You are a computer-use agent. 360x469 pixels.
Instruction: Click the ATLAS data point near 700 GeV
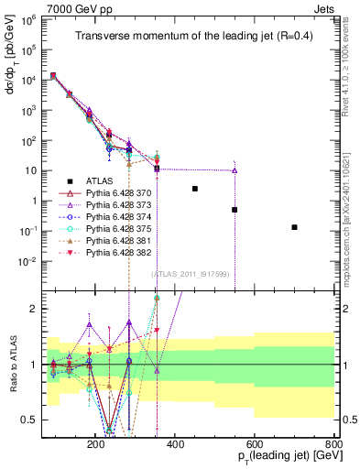(x=294, y=227)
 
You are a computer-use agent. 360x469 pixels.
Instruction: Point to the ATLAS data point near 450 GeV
(x=195, y=189)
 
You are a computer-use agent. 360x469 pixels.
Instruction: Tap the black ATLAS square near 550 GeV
(x=235, y=210)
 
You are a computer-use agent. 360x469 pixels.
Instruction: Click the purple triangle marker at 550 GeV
(x=235, y=170)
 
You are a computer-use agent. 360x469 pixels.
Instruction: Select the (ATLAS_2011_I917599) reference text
(x=196, y=274)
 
